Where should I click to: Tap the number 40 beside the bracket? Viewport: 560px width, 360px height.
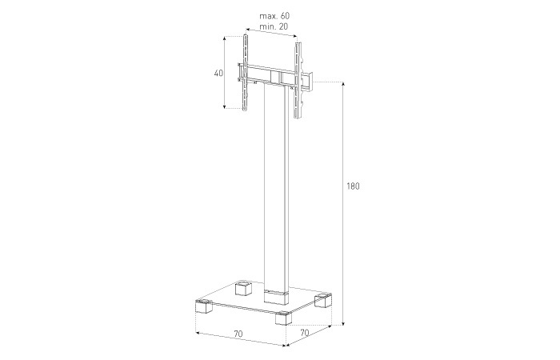tap(218, 73)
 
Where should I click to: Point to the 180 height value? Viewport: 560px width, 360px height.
tap(353, 186)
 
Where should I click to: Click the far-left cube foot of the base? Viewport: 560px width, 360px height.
tap(201, 306)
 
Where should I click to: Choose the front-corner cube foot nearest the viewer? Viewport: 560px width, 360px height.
tap(282, 318)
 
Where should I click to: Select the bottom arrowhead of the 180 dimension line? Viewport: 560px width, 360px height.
tap(344, 324)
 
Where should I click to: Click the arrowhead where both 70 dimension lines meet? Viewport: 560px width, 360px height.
tap(286, 346)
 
